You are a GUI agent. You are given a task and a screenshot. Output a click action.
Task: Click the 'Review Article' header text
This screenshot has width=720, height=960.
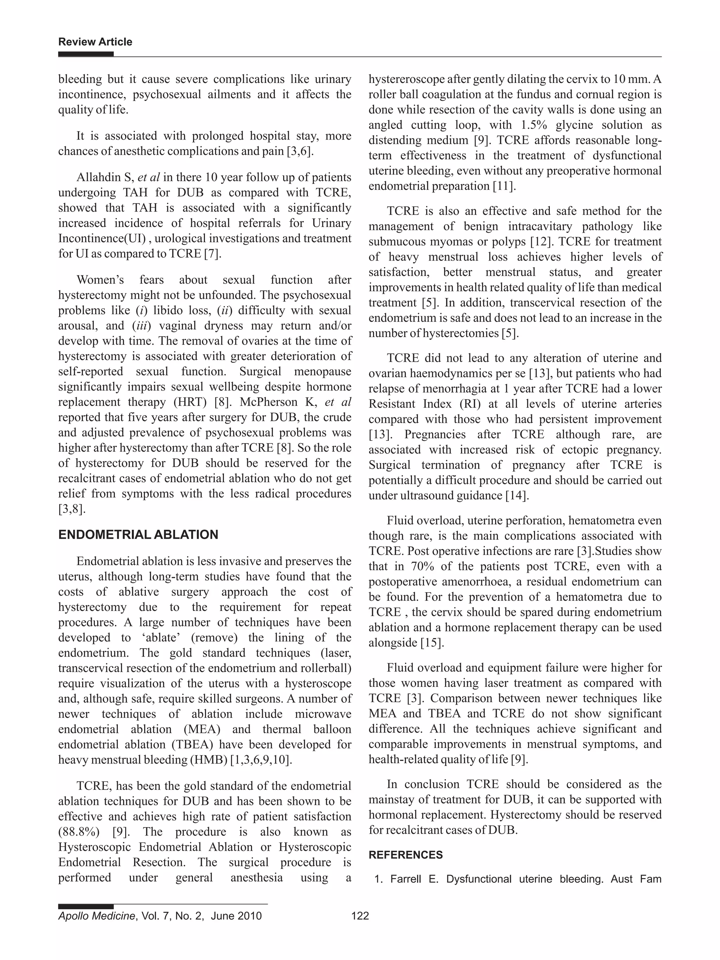tap(95, 42)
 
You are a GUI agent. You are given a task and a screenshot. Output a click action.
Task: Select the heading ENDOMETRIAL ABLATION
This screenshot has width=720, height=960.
tap(138, 534)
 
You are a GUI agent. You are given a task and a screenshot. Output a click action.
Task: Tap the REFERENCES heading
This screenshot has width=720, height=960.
tap(405, 855)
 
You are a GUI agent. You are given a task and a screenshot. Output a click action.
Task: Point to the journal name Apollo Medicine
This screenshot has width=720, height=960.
tap(96, 916)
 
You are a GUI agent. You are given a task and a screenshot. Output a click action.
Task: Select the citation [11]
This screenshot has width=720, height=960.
tap(504, 186)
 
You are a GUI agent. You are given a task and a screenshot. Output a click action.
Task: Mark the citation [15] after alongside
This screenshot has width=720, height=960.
tap(432, 643)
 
